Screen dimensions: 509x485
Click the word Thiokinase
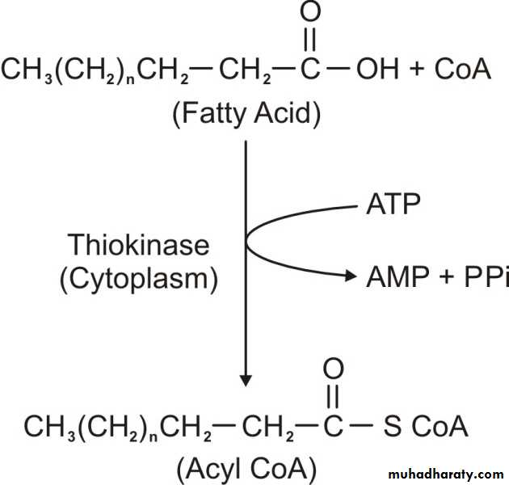[138, 245]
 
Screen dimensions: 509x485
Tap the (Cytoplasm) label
[139, 280]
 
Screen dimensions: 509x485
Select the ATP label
[393, 204]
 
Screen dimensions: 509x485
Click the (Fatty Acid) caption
[246, 114]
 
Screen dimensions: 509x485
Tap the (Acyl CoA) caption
[246, 469]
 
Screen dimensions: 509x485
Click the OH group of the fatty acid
[377, 69]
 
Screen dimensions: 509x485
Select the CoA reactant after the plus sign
[463, 69]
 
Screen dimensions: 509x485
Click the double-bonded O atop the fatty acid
[310, 11]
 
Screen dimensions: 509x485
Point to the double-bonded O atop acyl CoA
[334, 369]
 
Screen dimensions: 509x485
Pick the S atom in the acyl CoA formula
[392, 426]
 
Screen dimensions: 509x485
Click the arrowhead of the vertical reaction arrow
[246, 381]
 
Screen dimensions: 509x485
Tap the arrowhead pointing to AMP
[351, 276]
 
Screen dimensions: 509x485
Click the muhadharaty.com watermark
[446, 474]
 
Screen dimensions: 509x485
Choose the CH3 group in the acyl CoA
[49, 428]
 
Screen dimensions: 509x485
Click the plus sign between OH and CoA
[417, 69]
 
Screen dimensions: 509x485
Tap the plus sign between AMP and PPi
[447, 276]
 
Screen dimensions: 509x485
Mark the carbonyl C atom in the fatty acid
[310, 69]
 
